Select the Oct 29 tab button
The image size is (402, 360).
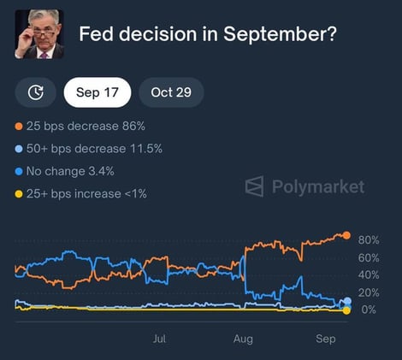tap(171, 92)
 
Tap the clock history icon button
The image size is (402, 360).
tap(36, 92)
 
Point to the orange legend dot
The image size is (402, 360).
tap(19, 127)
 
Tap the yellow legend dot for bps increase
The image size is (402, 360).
tap(19, 193)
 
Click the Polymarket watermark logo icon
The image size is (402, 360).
tap(254, 186)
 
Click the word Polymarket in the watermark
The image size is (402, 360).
tap(317, 186)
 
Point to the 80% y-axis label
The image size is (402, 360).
tap(369, 239)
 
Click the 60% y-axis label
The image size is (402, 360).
tap(369, 257)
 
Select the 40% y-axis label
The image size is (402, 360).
tap(369, 274)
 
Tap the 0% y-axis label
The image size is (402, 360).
tap(369, 310)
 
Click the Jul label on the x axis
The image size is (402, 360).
tap(159, 339)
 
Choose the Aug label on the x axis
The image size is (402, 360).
tap(244, 339)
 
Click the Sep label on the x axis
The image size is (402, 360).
tap(326, 339)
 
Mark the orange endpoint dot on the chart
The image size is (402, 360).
tap(346, 235)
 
